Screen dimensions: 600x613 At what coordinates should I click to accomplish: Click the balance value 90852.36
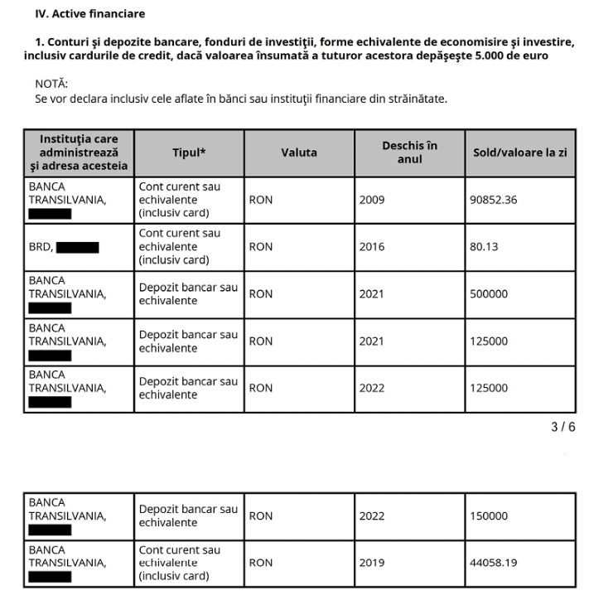(x=495, y=200)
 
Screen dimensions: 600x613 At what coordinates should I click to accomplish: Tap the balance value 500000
(x=490, y=293)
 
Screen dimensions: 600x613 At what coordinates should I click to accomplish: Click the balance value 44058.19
(x=495, y=563)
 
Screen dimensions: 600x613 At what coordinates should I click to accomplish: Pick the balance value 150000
(x=490, y=515)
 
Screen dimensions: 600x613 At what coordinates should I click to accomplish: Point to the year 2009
(x=372, y=200)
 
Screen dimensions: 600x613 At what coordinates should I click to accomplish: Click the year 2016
(x=372, y=247)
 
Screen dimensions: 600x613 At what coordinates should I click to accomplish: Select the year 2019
(x=372, y=563)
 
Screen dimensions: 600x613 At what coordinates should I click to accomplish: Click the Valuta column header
(x=298, y=152)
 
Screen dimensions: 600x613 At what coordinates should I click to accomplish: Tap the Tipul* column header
(x=189, y=152)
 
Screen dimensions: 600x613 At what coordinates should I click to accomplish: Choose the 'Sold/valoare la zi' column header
(x=519, y=152)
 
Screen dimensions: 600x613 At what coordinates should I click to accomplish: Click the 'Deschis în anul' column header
(x=409, y=152)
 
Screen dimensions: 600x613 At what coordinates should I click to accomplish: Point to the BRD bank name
(x=41, y=247)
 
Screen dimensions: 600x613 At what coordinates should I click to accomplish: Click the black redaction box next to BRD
(x=78, y=247)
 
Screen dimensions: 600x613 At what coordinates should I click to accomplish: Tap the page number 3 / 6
(x=563, y=427)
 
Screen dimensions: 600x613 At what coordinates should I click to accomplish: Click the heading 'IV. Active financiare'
(x=89, y=14)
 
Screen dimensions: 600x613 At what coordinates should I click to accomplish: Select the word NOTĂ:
(x=52, y=85)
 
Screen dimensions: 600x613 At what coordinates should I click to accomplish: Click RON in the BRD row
(x=261, y=247)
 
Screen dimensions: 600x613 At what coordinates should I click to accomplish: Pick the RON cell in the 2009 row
(x=261, y=200)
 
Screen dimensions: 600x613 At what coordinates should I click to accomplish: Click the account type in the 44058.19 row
(x=180, y=563)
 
